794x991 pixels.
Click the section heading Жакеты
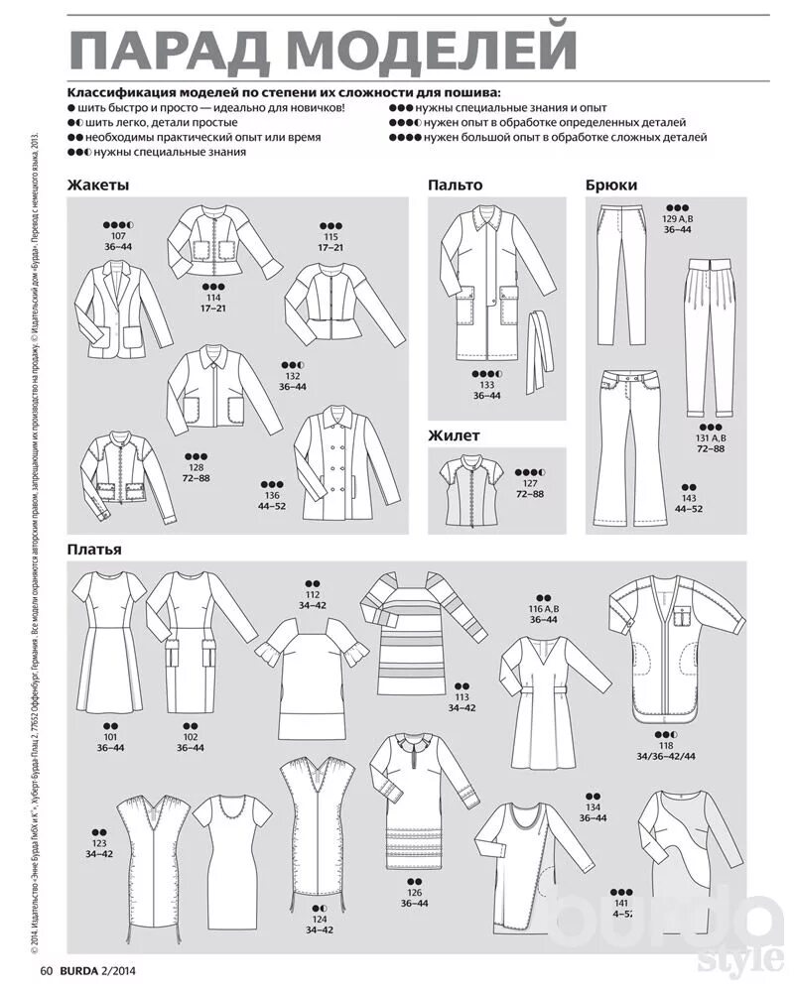(x=98, y=185)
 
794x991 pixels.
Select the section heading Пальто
(x=456, y=185)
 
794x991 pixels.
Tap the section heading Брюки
(x=611, y=185)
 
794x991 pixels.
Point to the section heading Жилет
(x=454, y=434)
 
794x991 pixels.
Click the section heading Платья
(x=95, y=549)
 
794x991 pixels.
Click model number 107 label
(x=117, y=235)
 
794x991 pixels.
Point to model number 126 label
(x=415, y=891)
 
